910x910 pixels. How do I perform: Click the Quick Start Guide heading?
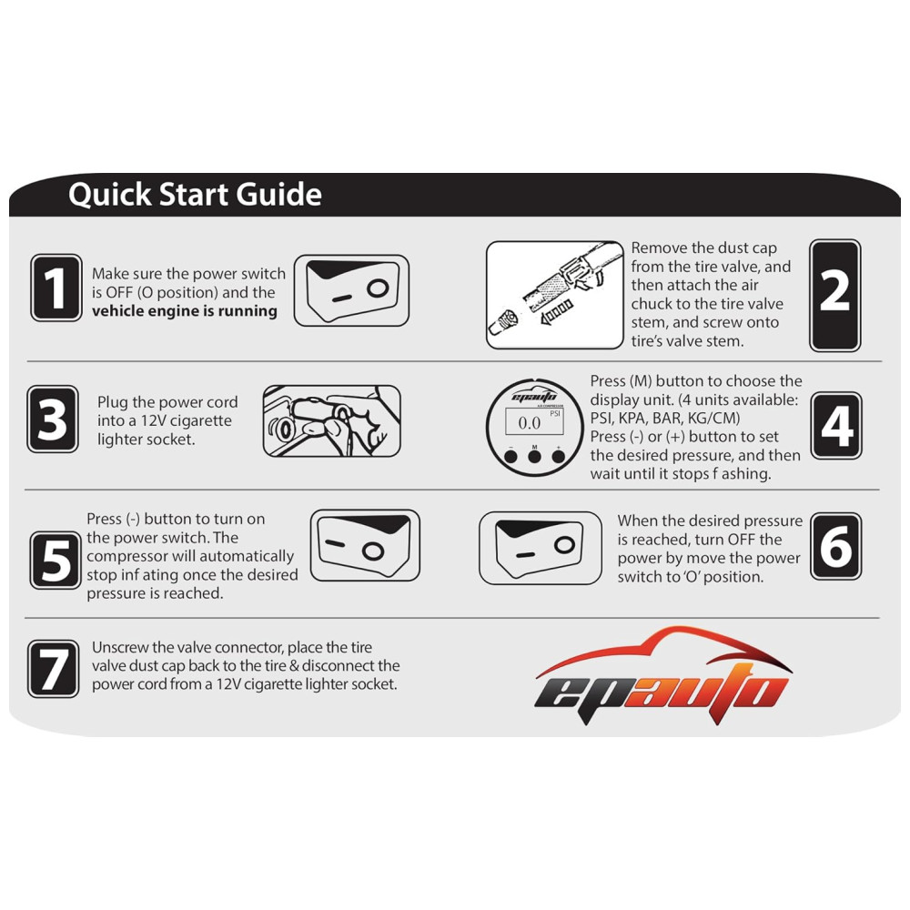click(x=195, y=195)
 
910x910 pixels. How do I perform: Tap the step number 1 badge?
click(x=56, y=288)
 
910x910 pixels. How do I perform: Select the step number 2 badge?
click(x=834, y=296)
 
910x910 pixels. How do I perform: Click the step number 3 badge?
click(x=52, y=419)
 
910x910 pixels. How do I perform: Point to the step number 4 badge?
click(x=835, y=425)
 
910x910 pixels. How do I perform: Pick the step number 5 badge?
click(x=56, y=560)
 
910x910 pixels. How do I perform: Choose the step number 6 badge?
click(x=835, y=546)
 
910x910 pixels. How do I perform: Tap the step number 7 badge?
click(x=53, y=669)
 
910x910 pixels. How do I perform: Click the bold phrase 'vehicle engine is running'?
click(x=185, y=311)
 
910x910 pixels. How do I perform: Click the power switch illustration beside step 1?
click(x=351, y=290)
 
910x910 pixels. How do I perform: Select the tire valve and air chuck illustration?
click(x=555, y=295)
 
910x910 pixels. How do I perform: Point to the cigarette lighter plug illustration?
click(x=331, y=420)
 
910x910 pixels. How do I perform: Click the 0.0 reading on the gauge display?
click(x=530, y=423)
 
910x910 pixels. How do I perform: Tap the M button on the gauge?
click(x=534, y=456)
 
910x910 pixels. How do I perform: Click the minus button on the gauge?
click(x=511, y=456)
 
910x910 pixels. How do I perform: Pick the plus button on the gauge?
click(x=559, y=456)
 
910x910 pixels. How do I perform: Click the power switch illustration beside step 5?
click(x=365, y=545)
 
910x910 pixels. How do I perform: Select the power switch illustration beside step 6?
click(x=541, y=548)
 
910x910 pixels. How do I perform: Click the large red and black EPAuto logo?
click(x=662, y=675)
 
